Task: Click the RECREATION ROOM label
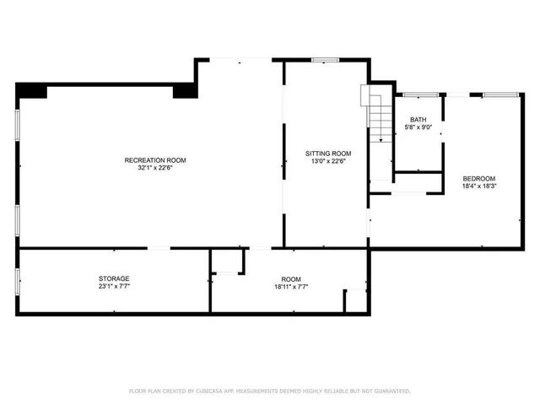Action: coord(155,160)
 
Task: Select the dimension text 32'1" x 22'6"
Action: coord(155,168)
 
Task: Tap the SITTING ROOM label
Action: coord(327,154)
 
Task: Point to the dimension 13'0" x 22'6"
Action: coord(327,161)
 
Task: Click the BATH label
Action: coord(418,120)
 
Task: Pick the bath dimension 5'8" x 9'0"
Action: coord(418,127)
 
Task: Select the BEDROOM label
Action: coord(478,178)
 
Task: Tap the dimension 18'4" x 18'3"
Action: coord(478,186)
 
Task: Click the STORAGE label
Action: coord(114,278)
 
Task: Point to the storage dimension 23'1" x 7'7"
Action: coord(114,286)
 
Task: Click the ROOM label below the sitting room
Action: coord(291,278)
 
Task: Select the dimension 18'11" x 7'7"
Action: coord(291,286)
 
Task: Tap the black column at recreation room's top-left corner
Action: coord(31,90)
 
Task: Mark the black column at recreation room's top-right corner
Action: coord(184,90)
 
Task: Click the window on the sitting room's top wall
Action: coord(325,60)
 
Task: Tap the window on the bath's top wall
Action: coord(413,94)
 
